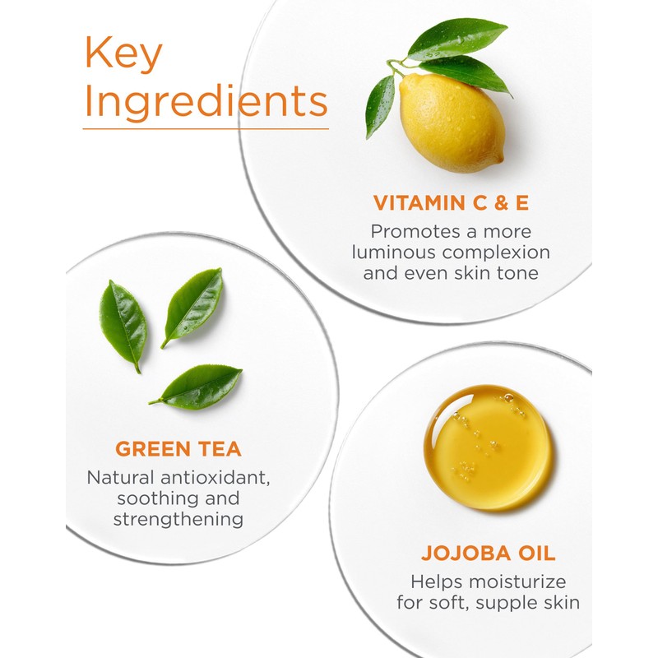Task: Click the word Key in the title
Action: coord(123,55)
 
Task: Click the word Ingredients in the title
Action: coord(206,104)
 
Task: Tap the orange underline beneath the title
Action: coord(206,128)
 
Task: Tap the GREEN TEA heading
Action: coord(178,449)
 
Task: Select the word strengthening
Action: coord(178,520)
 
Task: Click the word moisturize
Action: coord(521,582)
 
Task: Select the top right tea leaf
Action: coord(194,305)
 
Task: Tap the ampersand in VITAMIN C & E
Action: coord(507,202)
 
